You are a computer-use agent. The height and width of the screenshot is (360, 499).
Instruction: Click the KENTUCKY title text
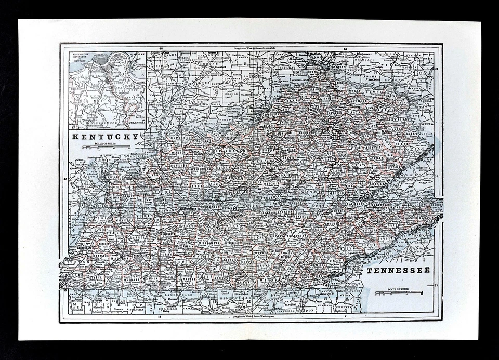[106, 137]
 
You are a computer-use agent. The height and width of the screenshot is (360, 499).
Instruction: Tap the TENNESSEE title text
[398, 271]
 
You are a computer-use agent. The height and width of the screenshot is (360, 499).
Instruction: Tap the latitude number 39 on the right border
[437, 69]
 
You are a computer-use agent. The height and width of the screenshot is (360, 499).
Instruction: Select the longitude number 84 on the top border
[345, 48]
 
